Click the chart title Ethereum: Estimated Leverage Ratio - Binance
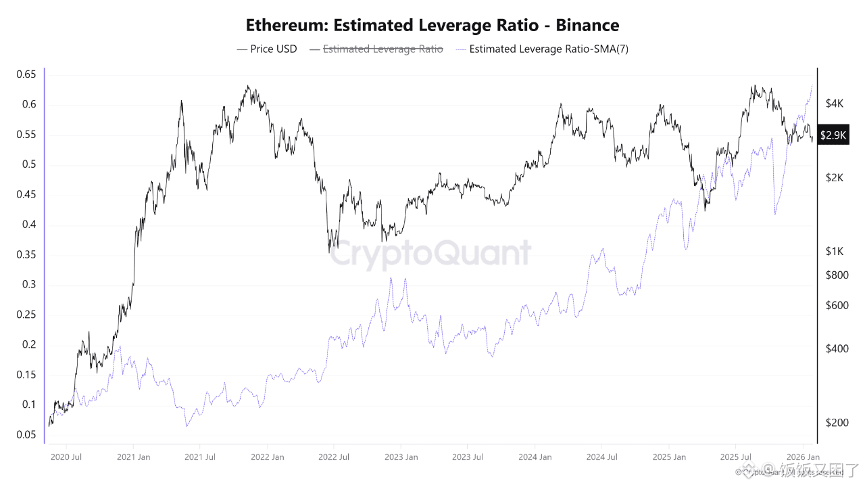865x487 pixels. (432, 25)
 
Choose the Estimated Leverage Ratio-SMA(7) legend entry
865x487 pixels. (548, 49)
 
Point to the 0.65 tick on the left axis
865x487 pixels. (26, 74)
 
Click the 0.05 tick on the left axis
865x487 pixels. (26, 435)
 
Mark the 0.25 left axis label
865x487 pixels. (26, 315)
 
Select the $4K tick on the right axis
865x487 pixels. (835, 103)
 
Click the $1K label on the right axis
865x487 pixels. (835, 251)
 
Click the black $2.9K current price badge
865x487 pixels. (833, 135)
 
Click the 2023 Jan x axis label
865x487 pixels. (401, 457)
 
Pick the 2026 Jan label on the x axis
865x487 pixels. (803, 457)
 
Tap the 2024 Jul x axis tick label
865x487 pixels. (603, 457)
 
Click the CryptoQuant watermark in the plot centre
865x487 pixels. (432, 253)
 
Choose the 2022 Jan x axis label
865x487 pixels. (268, 457)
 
